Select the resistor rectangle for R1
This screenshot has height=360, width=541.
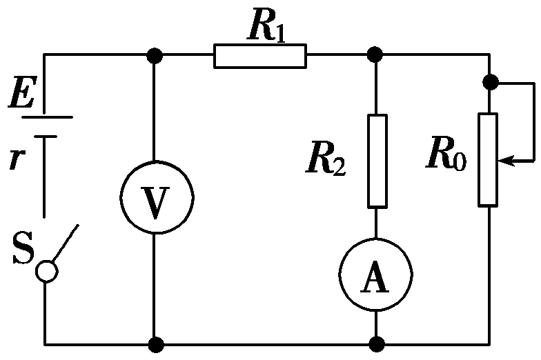click(259, 56)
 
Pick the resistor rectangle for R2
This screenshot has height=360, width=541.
click(377, 161)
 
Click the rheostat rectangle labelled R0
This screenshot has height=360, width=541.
click(488, 160)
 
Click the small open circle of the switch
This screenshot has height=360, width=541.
click(46, 271)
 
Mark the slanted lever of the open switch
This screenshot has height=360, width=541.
click(64, 243)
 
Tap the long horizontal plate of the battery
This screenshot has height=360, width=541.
click(47, 117)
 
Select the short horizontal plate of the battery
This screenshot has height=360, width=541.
click(46, 137)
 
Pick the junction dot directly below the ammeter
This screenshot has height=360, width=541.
click(376, 343)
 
